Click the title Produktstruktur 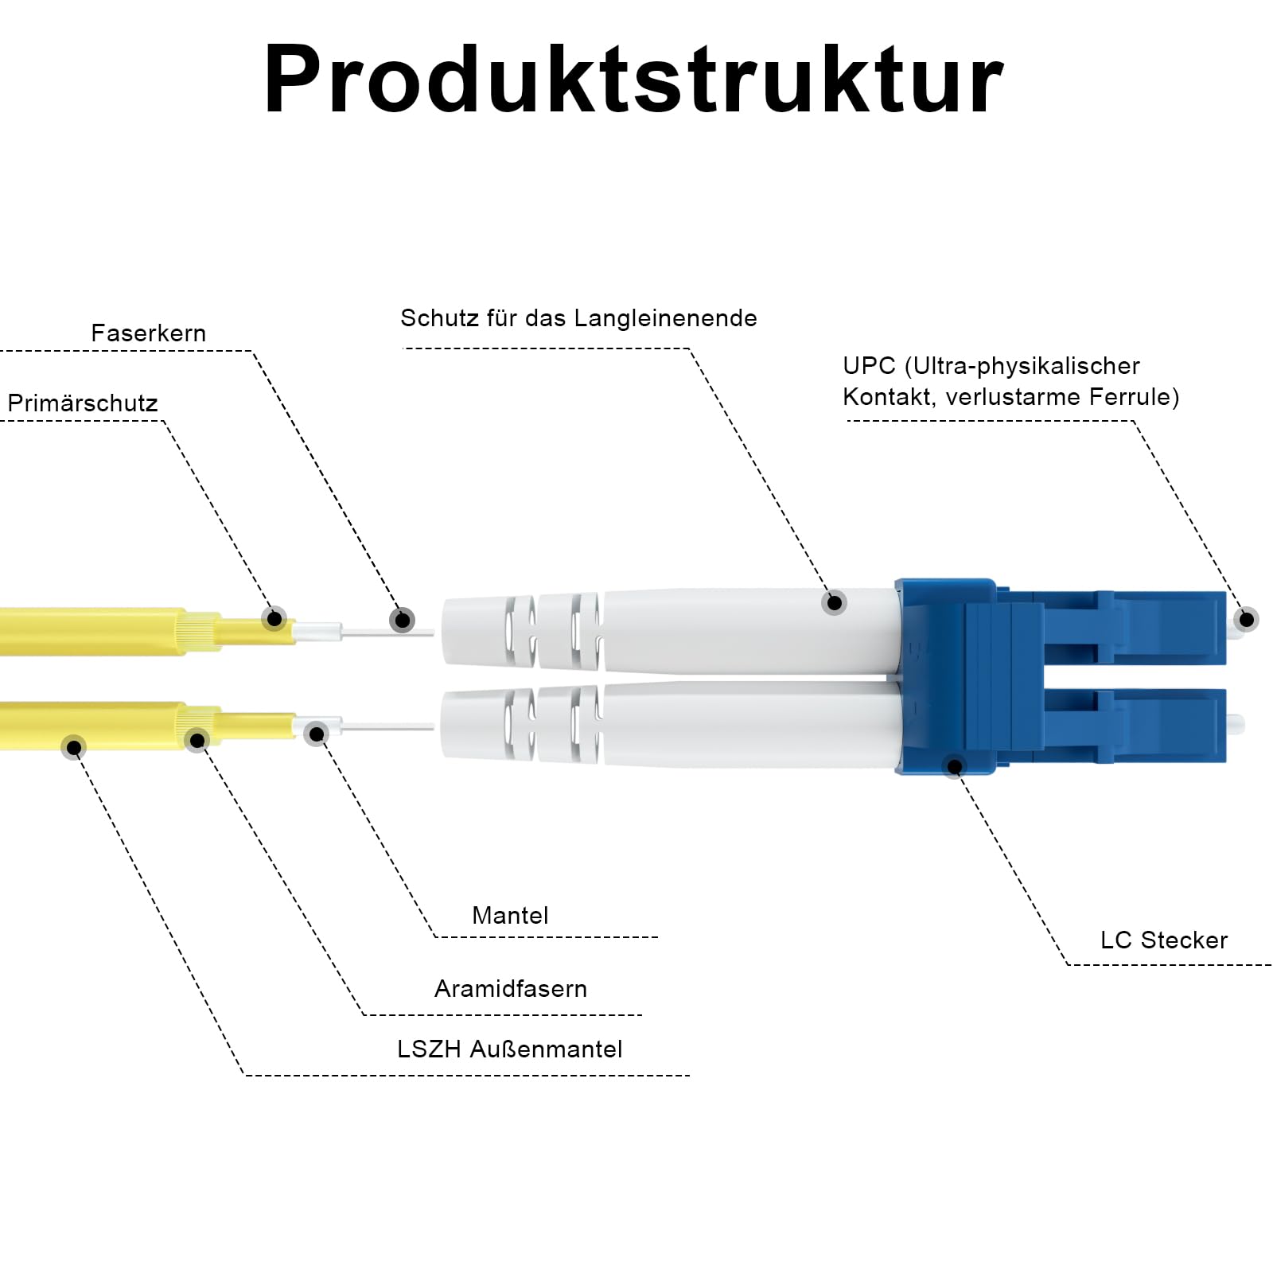point(633,80)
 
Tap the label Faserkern point(149,333)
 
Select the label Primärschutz point(83,403)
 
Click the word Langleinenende point(665,318)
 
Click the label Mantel point(510,915)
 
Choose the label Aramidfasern point(511,988)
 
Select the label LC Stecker point(1164,940)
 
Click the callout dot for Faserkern point(403,620)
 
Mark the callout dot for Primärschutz point(274,618)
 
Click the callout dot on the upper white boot point(835,602)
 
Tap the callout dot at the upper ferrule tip point(1247,619)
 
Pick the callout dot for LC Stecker point(955,766)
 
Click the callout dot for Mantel point(317,734)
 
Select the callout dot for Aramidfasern point(197,741)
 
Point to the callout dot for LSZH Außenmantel point(74,747)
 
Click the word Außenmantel point(546,1049)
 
